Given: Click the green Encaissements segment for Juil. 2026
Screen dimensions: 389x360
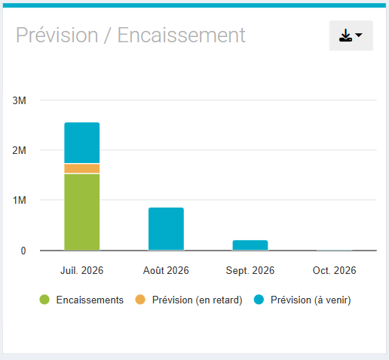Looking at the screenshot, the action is pos(82,212).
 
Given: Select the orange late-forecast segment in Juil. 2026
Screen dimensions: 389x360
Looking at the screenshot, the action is pos(82,168).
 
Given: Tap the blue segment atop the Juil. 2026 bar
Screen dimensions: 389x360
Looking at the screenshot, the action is pos(82,143).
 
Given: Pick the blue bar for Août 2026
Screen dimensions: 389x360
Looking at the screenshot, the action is pos(166,229).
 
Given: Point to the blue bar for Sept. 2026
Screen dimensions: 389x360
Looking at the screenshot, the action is pos(250,245).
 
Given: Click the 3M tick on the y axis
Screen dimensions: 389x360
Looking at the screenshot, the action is pos(20,100).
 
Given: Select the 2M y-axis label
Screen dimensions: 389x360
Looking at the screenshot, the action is pos(20,150).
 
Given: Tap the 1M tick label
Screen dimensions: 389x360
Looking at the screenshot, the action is pos(20,200).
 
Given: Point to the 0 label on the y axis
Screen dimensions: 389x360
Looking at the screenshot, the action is pos(23,251).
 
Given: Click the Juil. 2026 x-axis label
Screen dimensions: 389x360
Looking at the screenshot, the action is pos(82,270).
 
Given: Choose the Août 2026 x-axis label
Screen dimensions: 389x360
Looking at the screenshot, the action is pos(166,270).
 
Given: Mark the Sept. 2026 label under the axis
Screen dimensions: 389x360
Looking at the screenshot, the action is pos(250,271).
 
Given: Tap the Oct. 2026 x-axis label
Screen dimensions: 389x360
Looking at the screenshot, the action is pos(334,270).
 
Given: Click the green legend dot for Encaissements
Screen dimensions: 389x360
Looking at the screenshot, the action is pos(44,300).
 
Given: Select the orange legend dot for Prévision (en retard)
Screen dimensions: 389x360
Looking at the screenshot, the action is pos(140,300).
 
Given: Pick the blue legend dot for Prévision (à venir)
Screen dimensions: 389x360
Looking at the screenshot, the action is pos(259,300).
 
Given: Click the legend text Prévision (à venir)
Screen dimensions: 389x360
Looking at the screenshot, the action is pos(311,300).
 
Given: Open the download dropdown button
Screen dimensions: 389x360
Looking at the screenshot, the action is pos(351,35).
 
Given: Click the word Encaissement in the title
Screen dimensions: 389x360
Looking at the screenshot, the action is pos(181,35).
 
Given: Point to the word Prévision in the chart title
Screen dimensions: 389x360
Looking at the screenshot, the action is pos(57,35).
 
